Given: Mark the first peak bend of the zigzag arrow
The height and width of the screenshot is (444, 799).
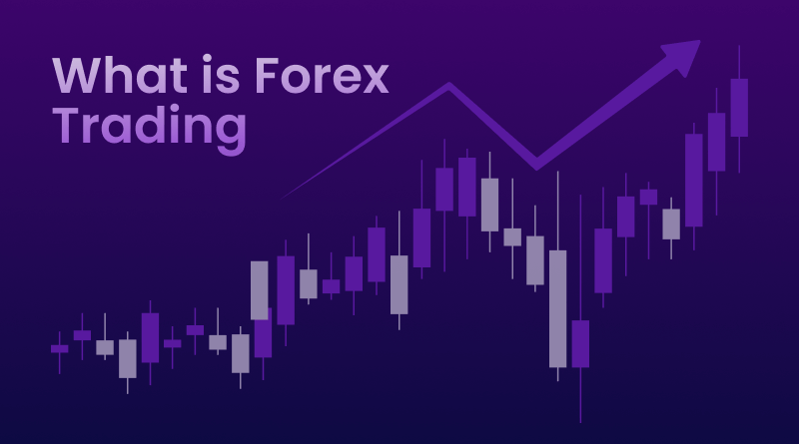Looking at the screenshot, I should pyautogui.click(x=448, y=88).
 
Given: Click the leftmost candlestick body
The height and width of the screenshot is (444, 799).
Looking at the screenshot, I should pyautogui.click(x=59, y=348).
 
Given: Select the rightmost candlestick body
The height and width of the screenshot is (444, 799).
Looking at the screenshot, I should pyautogui.click(x=739, y=108).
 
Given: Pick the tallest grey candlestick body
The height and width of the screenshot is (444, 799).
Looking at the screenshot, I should pyautogui.click(x=557, y=308).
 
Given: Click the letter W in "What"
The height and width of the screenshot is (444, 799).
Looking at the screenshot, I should pyautogui.click(x=77, y=76).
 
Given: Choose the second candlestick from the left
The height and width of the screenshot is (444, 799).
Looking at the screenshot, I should pyautogui.click(x=82, y=335).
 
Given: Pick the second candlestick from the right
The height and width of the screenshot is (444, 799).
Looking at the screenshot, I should pyautogui.click(x=716, y=142).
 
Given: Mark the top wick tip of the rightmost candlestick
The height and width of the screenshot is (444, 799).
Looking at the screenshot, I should pyautogui.click(x=739, y=52).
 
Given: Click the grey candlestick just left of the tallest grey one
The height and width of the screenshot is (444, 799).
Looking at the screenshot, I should pyautogui.click(x=535, y=260).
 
